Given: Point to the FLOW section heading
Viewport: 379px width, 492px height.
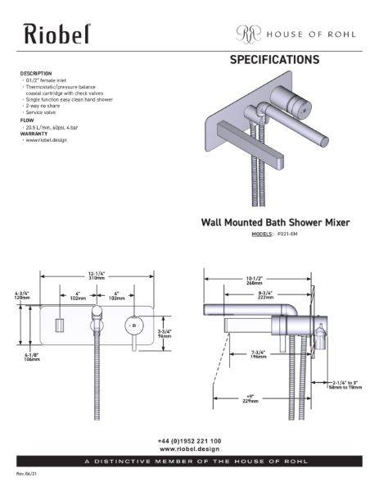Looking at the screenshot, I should pyautogui.click(x=26, y=121).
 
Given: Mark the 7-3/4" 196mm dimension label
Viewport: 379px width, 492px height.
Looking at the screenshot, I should pyautogui.click(x=260, y=355).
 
